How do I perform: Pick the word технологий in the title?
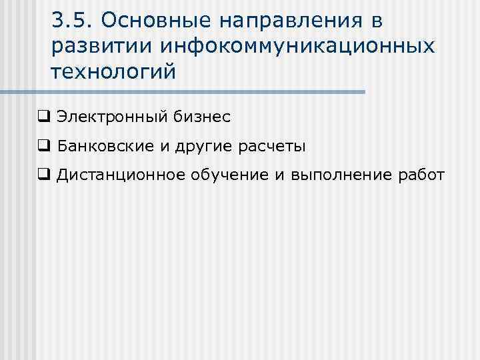[x=113, y=71]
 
